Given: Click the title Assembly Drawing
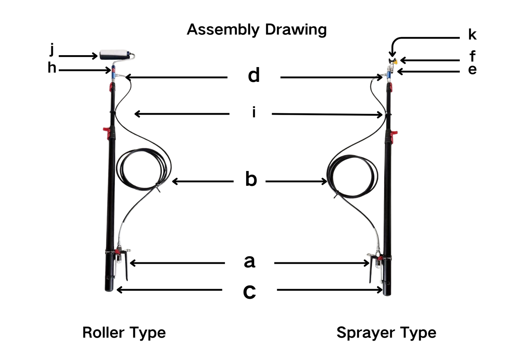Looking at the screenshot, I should coord(257,30).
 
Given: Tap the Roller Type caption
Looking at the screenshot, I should coord(124,332).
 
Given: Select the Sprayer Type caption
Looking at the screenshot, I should coord(386,332).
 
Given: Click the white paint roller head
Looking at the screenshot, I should coord(114,55).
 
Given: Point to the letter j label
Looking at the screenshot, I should coord(52,49).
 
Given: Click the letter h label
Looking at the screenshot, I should coord(52,67).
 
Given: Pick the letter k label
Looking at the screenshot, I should coord(472,34).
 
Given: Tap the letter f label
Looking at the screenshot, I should coord(472,56).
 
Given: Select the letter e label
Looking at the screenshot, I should coord(472,70).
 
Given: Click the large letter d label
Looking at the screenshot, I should coord(254,76).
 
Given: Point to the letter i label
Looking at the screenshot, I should coord(254,112).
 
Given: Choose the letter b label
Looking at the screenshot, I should coord(251,179).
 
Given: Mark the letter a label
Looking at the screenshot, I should coord(250,261).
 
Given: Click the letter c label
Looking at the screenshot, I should coord(250,291).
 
